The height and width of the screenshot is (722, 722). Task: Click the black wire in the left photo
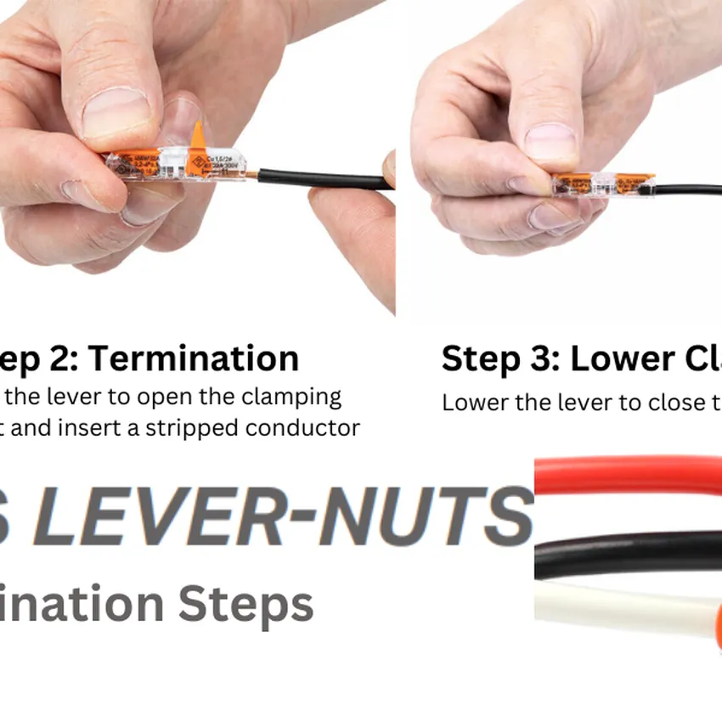(323, 179)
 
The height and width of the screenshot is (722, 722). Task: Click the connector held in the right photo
(603, 183)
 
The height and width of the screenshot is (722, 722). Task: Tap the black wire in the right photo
(688, 189)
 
